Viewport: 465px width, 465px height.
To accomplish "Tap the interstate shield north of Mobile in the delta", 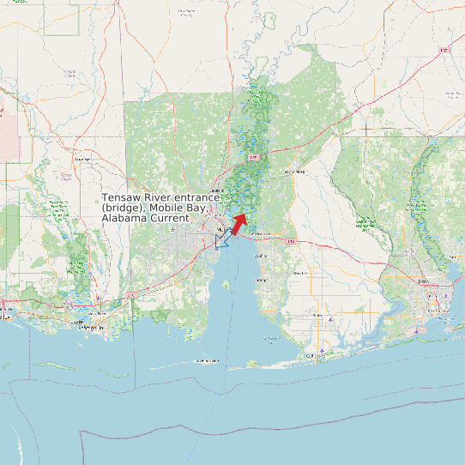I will pyautogui.click(x=254, y=158).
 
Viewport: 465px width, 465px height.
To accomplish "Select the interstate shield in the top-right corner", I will pyautogui.click(x=444, y=50).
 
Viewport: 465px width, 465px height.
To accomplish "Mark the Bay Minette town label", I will pyautogui.click(x=294, y=172).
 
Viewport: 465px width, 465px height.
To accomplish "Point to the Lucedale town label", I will pyautogui.click(x=82, y=159).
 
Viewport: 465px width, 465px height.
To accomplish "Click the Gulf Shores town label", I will pyautogui.click(x=316, y=354).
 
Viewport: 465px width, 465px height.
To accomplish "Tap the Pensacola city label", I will pyautogui.click(x=423, y=281).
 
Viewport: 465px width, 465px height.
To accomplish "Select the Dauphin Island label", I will pyautogui.click(x=207, y=361).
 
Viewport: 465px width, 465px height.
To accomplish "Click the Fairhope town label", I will pyautogui.click(x=261, y=280).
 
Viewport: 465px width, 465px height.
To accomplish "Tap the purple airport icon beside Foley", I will pyautogui.click(x=337, y=317).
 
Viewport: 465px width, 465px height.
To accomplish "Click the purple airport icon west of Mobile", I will pyautogui.click(x=174, y=230).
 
